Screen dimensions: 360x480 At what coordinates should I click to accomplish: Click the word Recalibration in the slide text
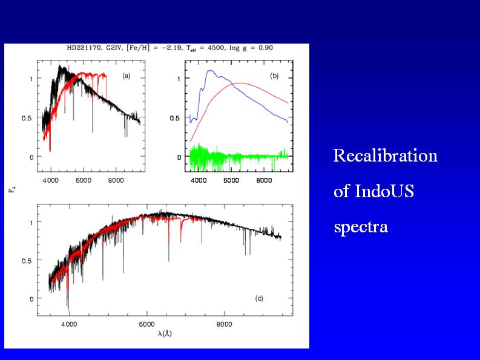pos(385,156)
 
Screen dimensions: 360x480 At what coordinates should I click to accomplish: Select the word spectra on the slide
pos(360,228)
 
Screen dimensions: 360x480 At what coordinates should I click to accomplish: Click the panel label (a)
pos(127,76)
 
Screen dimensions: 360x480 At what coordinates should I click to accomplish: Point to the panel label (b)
pos(274,76)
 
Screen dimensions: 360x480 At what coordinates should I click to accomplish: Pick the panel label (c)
pos(258,298)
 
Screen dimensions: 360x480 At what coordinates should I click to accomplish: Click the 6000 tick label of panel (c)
pos(147,324)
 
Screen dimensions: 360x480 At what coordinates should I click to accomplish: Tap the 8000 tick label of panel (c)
pos(225,324)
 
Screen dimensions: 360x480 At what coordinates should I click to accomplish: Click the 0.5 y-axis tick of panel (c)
pos(28,260)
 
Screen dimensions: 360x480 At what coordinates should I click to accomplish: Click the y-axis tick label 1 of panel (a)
pos(31,79)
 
